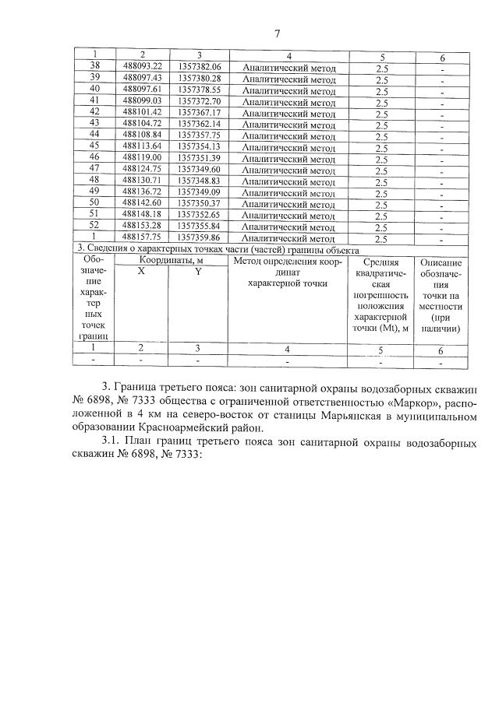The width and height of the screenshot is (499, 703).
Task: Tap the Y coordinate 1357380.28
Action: (200, 78)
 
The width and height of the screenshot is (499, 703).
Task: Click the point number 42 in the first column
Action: (94, 111)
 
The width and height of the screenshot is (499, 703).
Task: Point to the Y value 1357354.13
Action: (200, 146)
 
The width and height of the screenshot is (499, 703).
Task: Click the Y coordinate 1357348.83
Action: (200, 180)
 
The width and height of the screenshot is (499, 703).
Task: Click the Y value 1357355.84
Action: (200, 226)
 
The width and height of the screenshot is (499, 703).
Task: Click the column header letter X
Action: (141, 272)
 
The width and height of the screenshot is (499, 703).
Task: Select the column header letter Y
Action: (198, 272)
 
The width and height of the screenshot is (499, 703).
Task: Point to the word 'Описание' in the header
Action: (441, 263)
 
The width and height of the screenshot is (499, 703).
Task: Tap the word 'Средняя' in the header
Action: (381, 263)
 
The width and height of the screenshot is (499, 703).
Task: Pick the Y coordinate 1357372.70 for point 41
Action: (200, 100)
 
